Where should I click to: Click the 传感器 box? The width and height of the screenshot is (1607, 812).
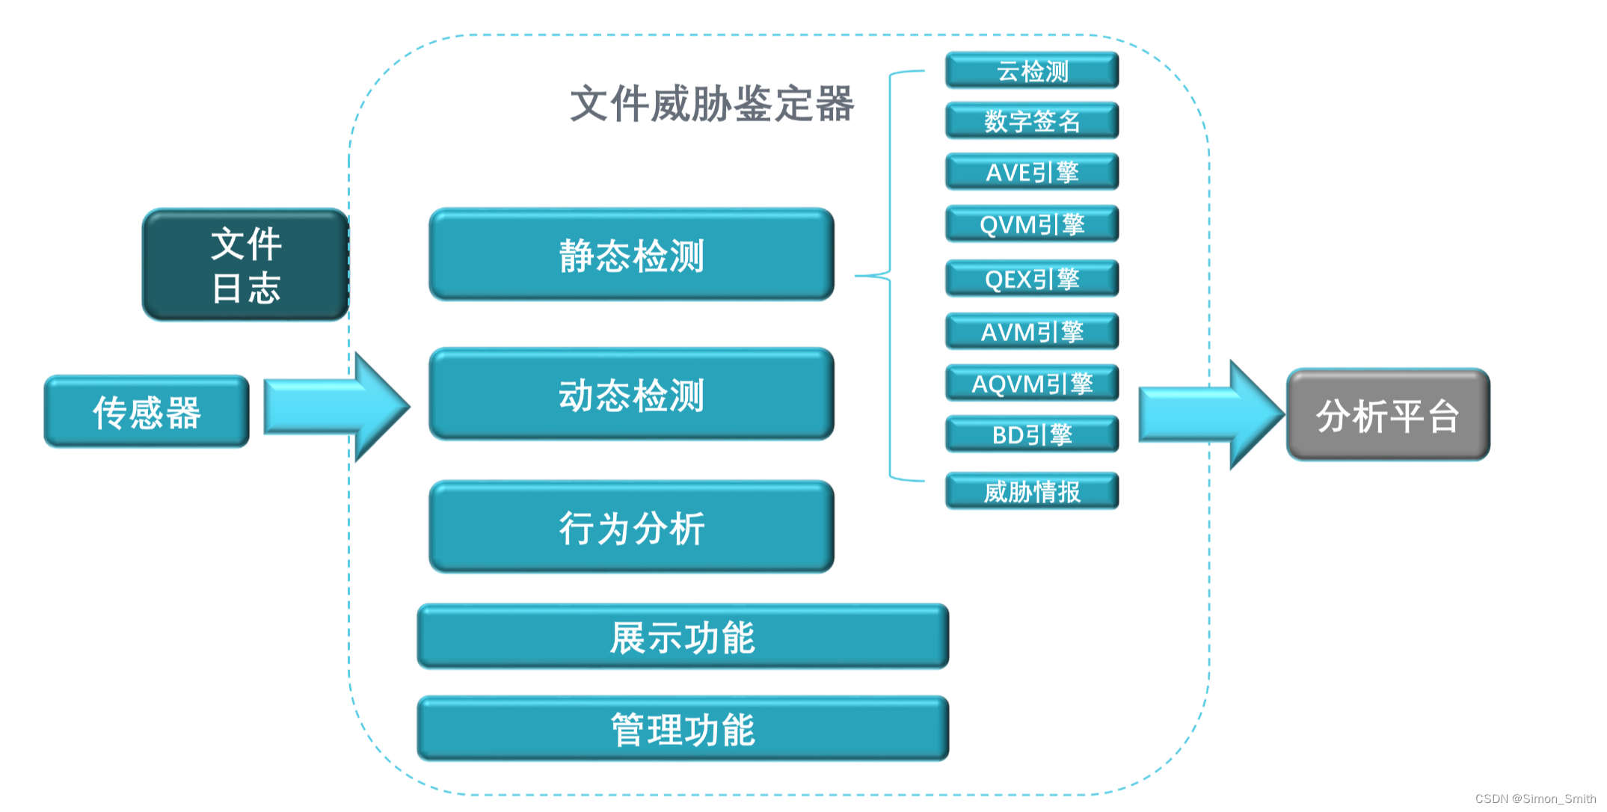(147, 412)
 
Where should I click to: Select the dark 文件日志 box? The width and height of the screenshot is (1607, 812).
(246, 265)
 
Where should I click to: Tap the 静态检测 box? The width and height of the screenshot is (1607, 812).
(631, 255)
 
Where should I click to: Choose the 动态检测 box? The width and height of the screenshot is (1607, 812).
(631, 394)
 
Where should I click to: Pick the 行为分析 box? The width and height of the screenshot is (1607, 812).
(631, 527)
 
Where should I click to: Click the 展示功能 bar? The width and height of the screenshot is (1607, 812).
(683, 637)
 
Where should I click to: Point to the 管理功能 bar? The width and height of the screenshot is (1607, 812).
(683, 729)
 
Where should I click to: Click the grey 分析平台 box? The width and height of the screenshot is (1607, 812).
(1388, 415)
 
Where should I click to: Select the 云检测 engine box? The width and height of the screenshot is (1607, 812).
(1032, 71)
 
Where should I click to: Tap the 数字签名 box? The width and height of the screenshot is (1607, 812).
(1032, 121)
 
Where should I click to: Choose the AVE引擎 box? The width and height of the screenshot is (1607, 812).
(1032, 172)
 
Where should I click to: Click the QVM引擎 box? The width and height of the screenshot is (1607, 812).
(1032, 224)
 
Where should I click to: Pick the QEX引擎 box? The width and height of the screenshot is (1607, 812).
(1032, 279)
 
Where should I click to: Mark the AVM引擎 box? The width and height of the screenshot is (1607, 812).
(1032, 331)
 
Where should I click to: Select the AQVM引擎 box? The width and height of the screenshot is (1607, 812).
(1032, 383)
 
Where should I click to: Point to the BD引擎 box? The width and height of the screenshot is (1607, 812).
(1032, 434)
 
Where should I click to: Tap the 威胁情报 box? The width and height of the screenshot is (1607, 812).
(1032, 491)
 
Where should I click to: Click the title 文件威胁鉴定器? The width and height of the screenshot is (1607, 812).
(712, 103)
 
